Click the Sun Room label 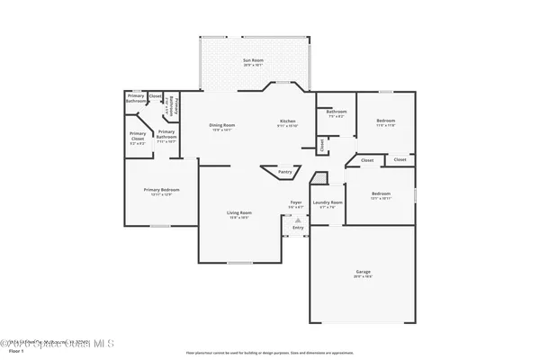[253, 60]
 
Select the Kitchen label [287, 120]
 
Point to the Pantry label [284, 171]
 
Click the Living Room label [238, 212]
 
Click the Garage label [364, 271]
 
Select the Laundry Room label [328, 202]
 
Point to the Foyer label [295, 202]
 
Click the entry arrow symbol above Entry [298, 219]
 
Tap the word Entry [298, 228]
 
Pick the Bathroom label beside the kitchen [337, 111]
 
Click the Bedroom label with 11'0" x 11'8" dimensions [385, 120]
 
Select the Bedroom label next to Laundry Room [381, 193]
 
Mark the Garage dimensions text [364, 276]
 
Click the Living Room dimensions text [238, 218]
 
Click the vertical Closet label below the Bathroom [322, 144]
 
